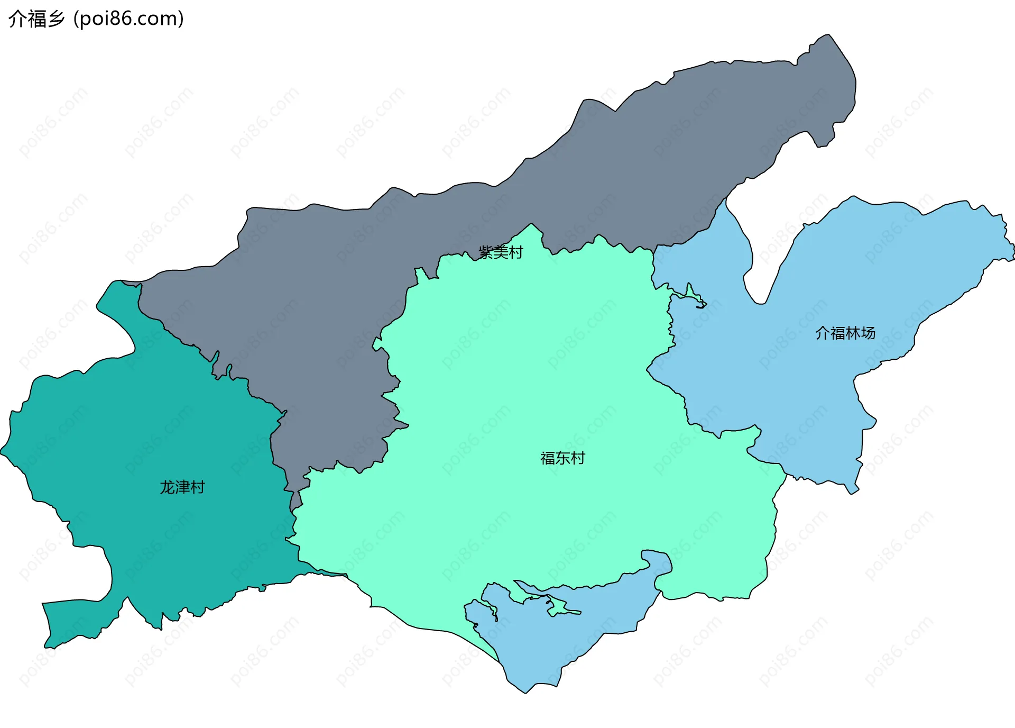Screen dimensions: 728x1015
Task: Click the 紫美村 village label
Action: [x=501, y=252]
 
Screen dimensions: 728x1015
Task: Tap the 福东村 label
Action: [x=562, y=458]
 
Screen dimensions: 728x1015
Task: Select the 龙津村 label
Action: [x=182, y=487]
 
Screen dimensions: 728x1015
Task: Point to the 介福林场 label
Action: [x=845, y=333]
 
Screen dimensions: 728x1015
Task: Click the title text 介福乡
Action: [x=36, y=19]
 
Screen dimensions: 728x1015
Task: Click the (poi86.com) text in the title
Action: [x=129, y=19]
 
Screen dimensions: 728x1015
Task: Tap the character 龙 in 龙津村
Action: [x=167, y=487]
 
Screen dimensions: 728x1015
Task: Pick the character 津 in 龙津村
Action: [x=182, y=487]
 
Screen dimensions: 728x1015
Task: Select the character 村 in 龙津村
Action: [x=198, y=487]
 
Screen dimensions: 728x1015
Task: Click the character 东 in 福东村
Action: [x=562, y=458]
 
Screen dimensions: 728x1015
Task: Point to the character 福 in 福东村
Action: [x=548, y=458]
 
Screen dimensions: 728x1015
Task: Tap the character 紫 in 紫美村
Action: [x=486, y=252]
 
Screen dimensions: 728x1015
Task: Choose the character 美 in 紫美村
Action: [x=501, y=252]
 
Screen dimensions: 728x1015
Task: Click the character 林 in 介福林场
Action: [x=853, y=333]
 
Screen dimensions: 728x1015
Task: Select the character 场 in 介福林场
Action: [x=868, y=333]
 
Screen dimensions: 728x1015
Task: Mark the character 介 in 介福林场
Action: [x=823, y=333]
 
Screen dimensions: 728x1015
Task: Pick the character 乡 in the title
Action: [x=56, y=19]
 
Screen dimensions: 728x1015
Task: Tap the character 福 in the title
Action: [x=36, y=19]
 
